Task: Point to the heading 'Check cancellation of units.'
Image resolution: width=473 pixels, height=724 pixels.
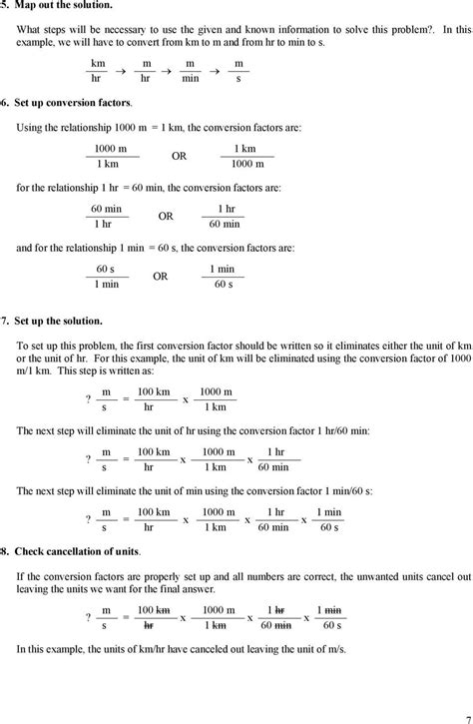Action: (x=75, y=550)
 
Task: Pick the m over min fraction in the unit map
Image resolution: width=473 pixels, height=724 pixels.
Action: (x=190, y=69)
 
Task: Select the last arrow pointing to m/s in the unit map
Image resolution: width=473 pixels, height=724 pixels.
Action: (x=215, y=70)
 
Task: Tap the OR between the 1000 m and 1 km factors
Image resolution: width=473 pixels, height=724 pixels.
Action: (x=179, y=156)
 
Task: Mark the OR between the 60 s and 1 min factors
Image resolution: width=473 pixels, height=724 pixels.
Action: (x=160, y=277)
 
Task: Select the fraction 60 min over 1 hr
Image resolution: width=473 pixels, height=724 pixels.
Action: (x=106, y=217)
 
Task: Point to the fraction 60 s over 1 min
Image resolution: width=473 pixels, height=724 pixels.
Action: (x=106, y=277)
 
